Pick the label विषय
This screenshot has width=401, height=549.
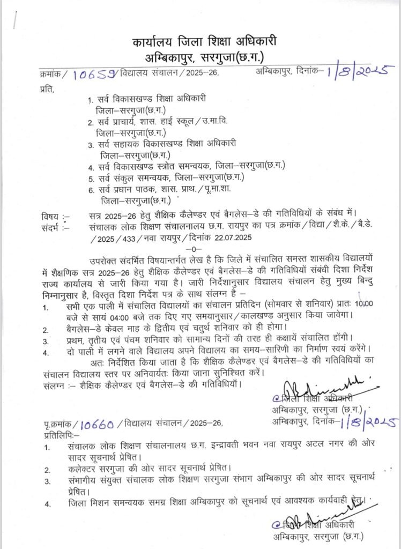[x=51, y=216]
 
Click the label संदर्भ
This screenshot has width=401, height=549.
[x=52, y=226]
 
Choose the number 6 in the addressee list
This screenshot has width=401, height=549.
[x=91, y=189]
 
